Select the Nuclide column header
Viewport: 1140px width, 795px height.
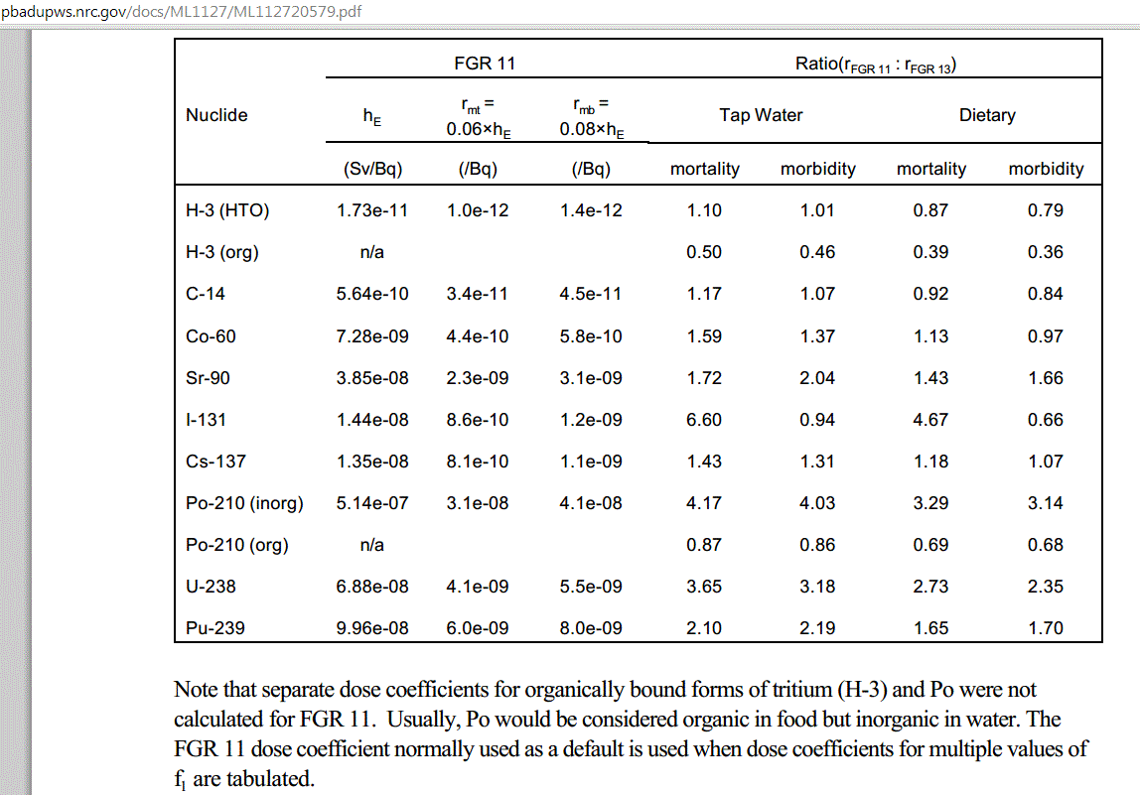tap(216, 115)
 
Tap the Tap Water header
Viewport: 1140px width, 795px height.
tap(761, 115)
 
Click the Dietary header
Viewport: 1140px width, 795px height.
tap(987, 115)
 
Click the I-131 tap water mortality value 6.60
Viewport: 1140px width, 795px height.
tap(704, 420)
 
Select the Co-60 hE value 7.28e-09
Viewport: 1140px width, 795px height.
tap(372, 336)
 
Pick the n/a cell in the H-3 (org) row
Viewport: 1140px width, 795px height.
tap(372, 252)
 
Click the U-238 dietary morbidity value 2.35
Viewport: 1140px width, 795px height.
tap(1046, 587)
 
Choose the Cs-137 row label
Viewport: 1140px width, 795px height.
tap(215, 462)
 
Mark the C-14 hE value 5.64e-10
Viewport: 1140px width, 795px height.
tap(372, 294)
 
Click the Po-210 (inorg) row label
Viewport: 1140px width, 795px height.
tap(244, 503)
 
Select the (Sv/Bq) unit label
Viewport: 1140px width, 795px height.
tap(372, 169)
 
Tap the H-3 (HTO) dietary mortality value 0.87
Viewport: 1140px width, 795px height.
tap(930, 210)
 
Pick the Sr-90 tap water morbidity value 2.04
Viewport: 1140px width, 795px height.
tap(817, 378)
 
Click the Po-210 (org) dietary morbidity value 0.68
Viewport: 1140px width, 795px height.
tap(1046, 545)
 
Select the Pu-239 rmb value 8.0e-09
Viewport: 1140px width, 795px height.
tap(591, 628)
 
